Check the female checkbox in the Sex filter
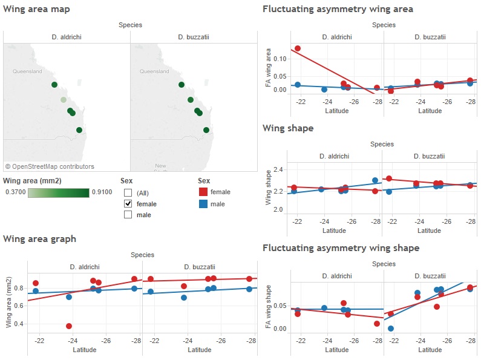tap(128, 204)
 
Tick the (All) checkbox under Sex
tap(128, 192)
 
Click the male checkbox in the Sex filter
tap(128, 215)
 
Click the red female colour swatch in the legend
tap(203, 192)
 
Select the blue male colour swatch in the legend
tap(203, 204)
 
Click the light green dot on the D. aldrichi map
tap(64, 100)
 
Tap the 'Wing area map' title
tap(36, 9)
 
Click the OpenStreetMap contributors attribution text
tap(50, 166)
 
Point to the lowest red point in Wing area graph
tap(69, 326)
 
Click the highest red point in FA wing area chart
tap(297, 48)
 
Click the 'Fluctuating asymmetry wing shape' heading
tap(341, 248)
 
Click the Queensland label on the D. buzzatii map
tap(154, 71)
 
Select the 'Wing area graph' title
tap(39, 238)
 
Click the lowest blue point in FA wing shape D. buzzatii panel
tap(391, 329)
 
